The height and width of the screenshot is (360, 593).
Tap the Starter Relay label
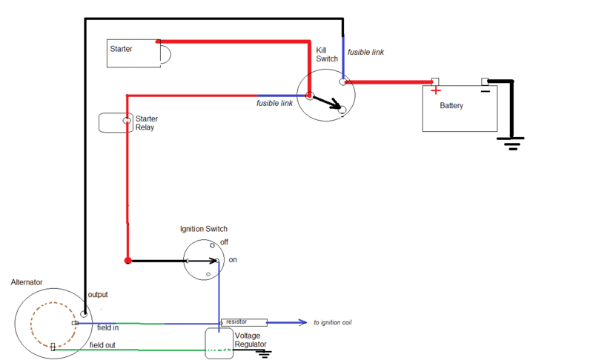tap(146, 123)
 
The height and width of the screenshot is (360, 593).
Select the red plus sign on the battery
tap(436, 90)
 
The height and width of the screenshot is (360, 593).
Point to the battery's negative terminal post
tap(485, 81)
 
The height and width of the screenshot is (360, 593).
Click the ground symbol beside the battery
tap(511, 144)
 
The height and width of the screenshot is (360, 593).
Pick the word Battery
tap(451, 105)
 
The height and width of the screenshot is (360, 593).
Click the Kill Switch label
tap(327, 54)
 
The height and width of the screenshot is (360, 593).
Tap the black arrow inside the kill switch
tap(327, 102)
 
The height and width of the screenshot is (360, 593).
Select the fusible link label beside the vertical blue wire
tap(365, 52)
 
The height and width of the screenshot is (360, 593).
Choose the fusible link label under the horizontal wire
tap(274, 103)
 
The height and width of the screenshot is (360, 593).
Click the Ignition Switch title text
tap(203, 229)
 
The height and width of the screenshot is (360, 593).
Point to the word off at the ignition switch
tap(225, 241)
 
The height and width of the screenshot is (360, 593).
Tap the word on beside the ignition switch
tap(233, 260)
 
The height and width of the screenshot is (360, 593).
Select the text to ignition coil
tap(332, 322)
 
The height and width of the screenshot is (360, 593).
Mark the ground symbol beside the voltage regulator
tap(264, 353)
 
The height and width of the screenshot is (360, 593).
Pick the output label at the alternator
tap(98, 295)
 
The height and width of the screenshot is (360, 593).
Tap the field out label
tap(102, 345)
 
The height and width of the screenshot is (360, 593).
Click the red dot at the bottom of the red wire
tap(127, 260)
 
